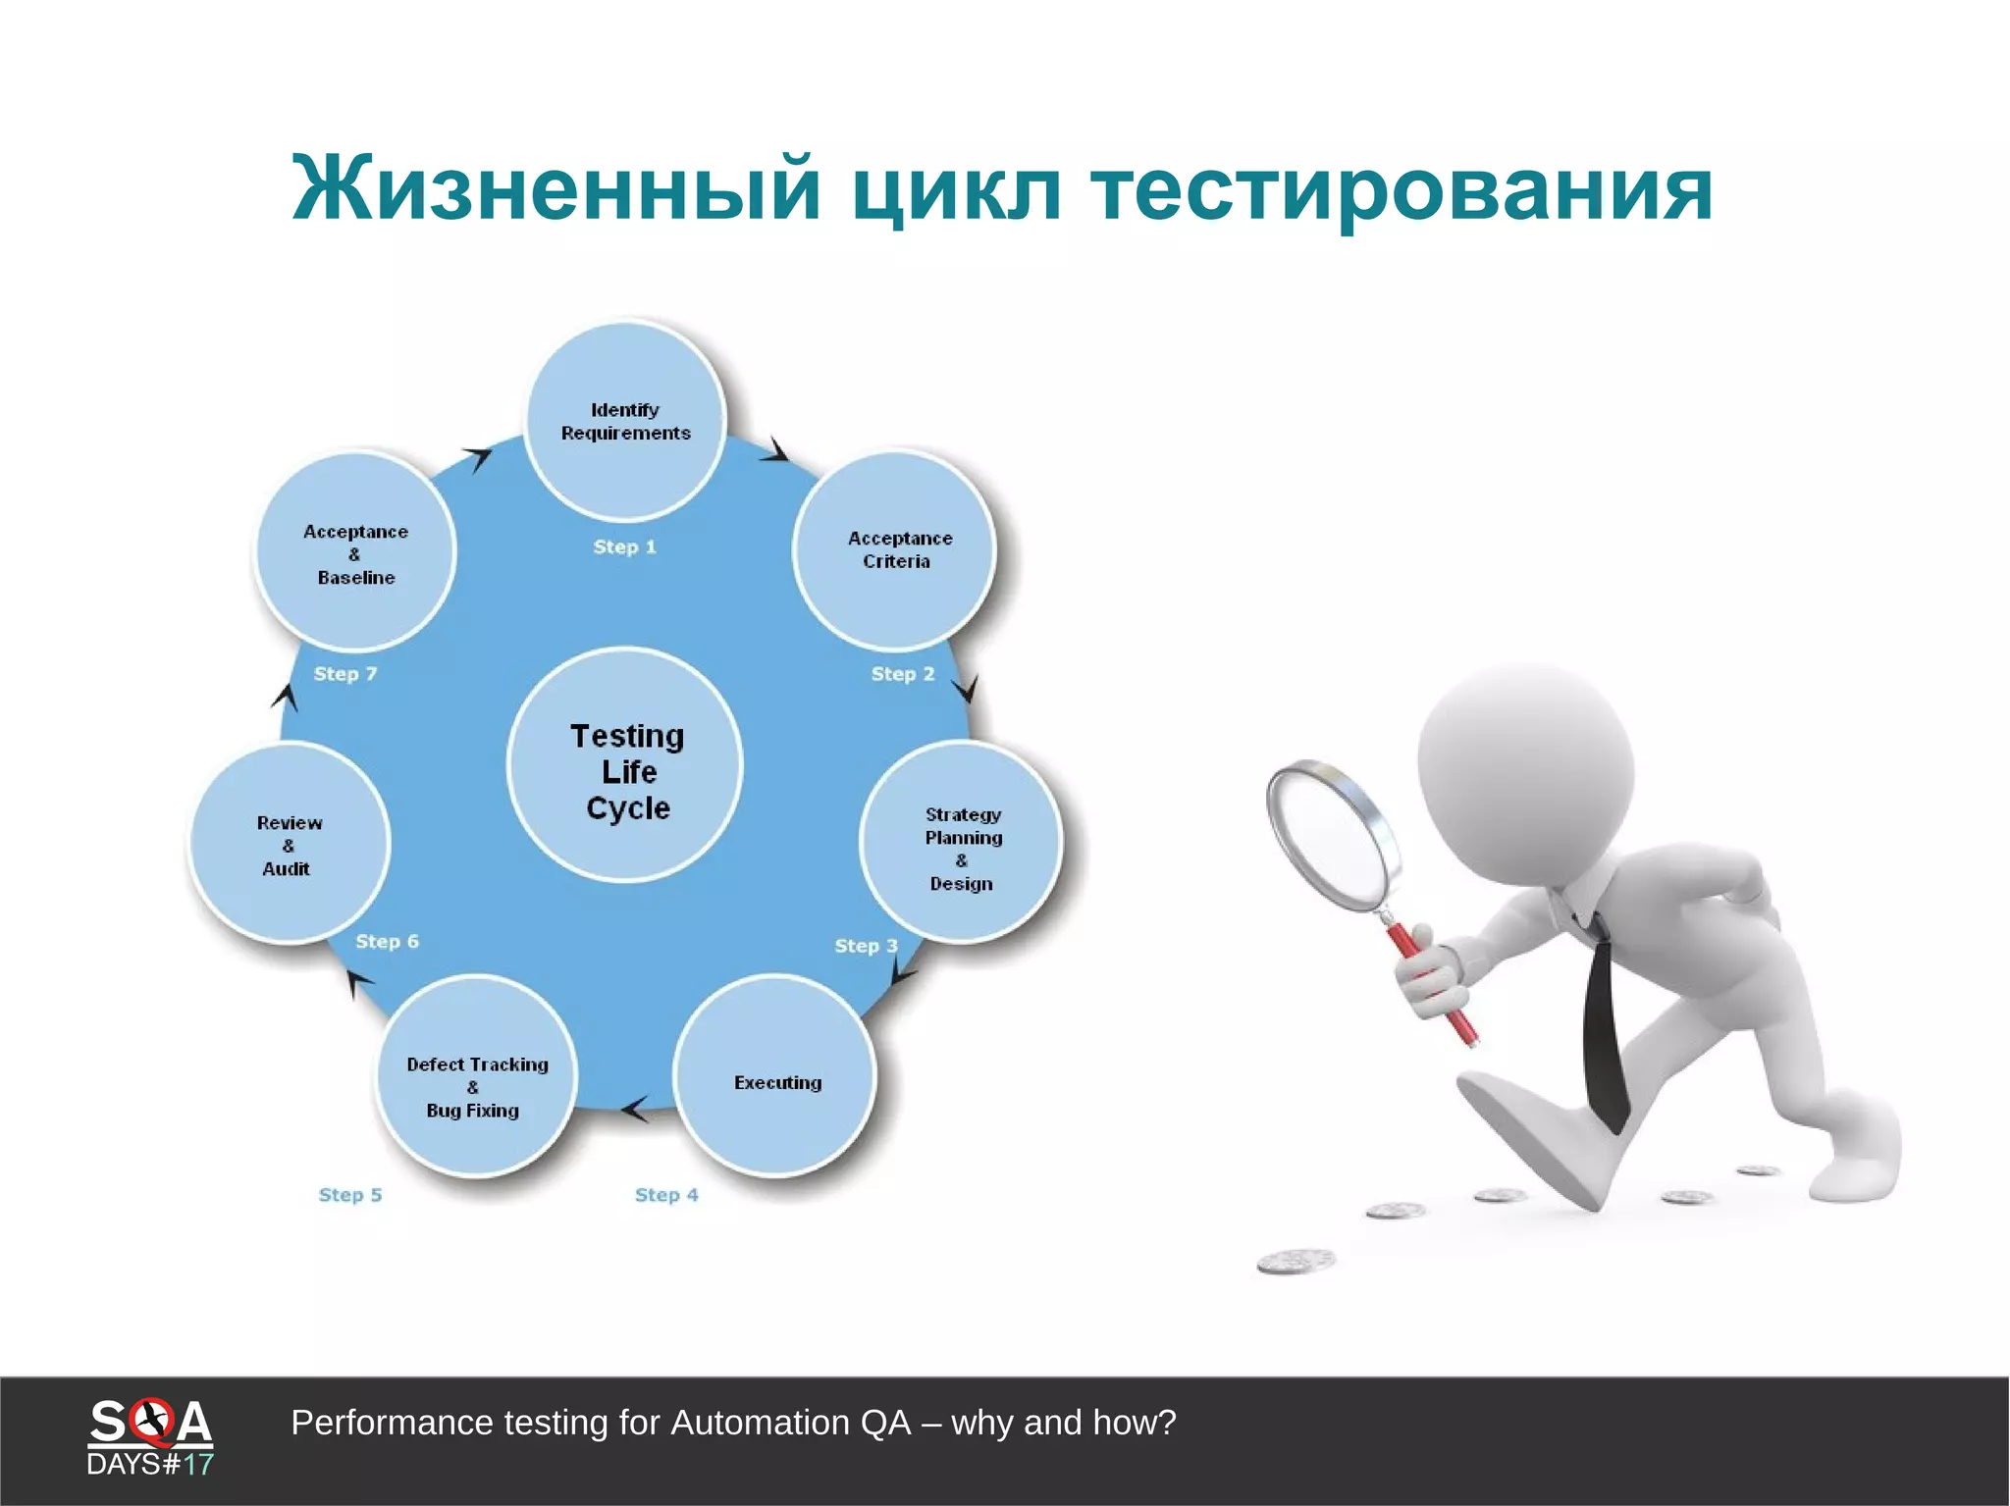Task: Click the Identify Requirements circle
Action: pyautogui.click(x=625, y=422)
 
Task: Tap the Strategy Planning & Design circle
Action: pyautogui.click(x=961, y=844)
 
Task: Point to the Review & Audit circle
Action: pyautogui.click(x=290, y=844)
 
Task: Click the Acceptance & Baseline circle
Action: pyautogui.click(x=355, y=552)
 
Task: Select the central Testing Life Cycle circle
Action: pyautogui.click(x=626, y=766)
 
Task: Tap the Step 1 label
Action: pyautogui.click(x=624, y=547)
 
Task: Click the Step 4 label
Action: pyautogui.click(x=666, y=1195)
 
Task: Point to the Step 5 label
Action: pyautogui.click(x=350, y=1195)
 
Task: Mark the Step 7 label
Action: pyautogui.click(x=344, y=674)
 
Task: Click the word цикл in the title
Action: pyautogui.click(x=957, y=189)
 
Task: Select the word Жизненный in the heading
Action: pyautogui.click(x=555, y=189)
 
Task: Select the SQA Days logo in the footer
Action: pyautogui.click(x=150, y=1436)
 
